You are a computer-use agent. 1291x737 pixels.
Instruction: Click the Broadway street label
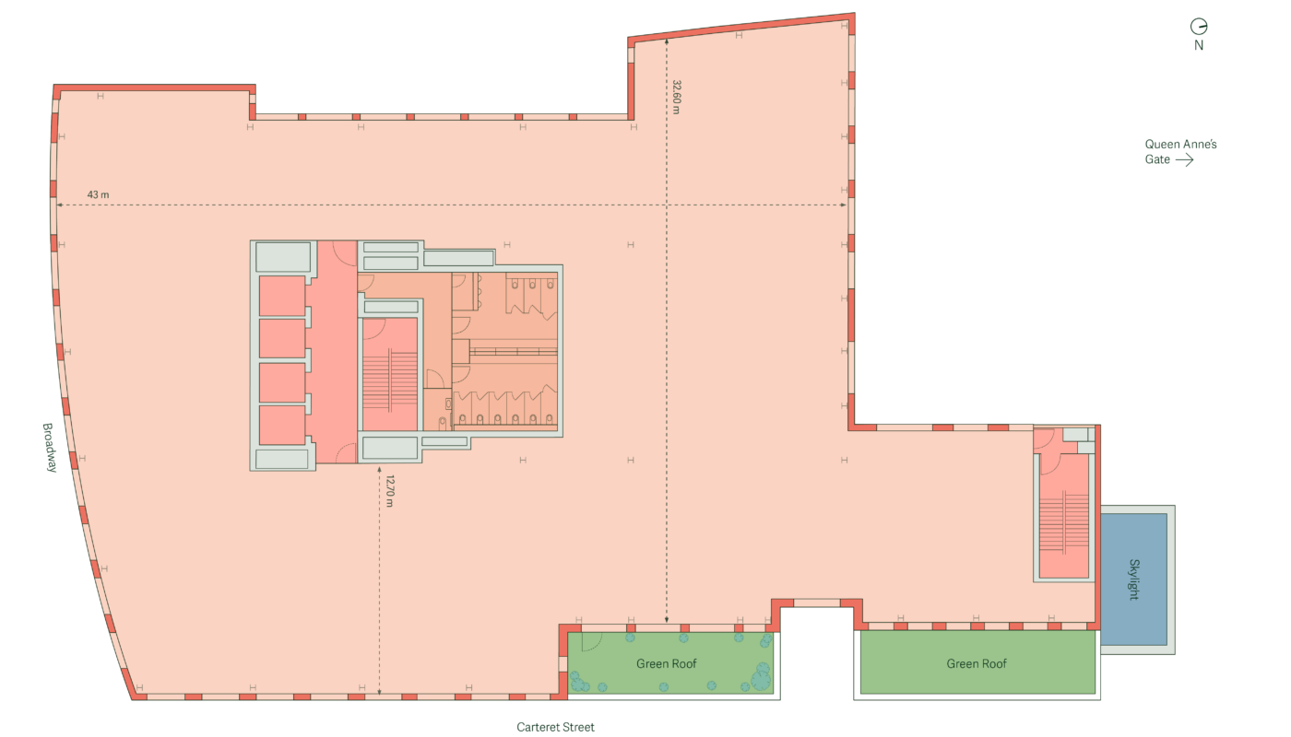pos(50,448)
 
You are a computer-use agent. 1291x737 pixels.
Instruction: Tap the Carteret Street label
pos(555,727)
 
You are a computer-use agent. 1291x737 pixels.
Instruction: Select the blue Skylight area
pos(1133,579)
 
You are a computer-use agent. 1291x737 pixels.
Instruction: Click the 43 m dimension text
pos(98,194)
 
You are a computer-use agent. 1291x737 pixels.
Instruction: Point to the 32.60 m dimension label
pos(677,97)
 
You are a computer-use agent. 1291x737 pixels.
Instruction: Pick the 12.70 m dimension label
pos(389,491)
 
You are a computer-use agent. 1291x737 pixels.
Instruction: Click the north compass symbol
pos(1199,27)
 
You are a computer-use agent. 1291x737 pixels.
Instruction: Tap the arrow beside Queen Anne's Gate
pos(1184,160)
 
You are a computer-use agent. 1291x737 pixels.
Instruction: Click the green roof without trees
pos(977,662)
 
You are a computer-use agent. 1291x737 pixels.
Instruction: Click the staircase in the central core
pos(389,374)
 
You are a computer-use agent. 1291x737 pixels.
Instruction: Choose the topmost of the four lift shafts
pos(282,296)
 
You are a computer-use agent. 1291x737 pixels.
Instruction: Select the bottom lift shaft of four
pos(282,426)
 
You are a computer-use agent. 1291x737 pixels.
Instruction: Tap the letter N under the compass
pos(1199,45)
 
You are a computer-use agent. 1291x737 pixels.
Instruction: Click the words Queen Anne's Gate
pos(1180,151)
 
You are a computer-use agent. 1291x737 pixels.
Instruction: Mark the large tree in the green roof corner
pos(761,681)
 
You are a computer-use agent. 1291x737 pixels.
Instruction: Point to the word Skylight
pos(1133,579)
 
